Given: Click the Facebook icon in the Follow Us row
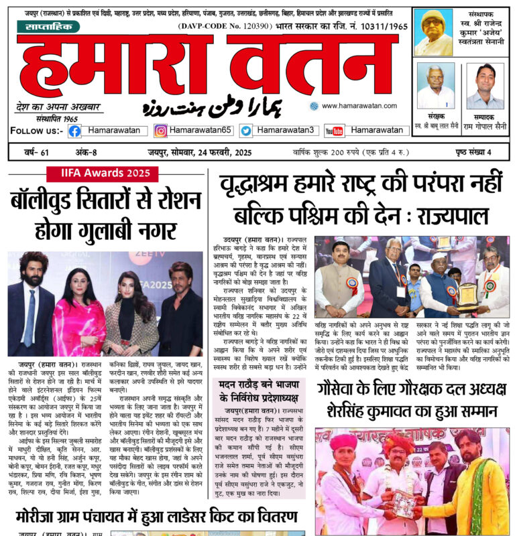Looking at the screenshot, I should click(x=74, y=131).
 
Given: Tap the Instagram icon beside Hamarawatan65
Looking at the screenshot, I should click(x=161, y=131).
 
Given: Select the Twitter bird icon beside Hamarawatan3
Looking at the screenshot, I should click(x=246, y=131).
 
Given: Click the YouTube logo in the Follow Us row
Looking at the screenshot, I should click(x=334, y=131).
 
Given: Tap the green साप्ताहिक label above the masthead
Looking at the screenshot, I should click(x=49, y=26).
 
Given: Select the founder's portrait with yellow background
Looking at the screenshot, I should click(x=433, y=32).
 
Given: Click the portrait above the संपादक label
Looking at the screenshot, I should click(x=485, y=86).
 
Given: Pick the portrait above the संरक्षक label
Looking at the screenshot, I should click(x=435, y=86).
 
